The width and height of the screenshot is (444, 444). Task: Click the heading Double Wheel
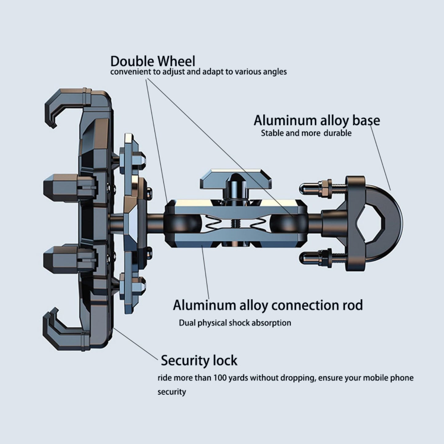click(153, 61)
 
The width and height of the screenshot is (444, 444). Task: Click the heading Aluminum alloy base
click(316, 120)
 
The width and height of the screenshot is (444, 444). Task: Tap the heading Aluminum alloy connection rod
click(268, 305)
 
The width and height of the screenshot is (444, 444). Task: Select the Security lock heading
click(199, 360)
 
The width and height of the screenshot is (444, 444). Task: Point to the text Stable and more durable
click(306, 133)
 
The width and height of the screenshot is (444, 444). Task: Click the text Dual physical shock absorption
click(235, 323)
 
